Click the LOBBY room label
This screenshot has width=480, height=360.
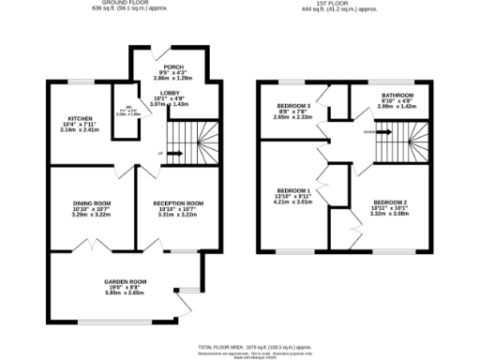(x=170, y=92)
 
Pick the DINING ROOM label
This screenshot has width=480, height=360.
(x=92, y=202)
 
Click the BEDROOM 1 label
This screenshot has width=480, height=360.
(x=292, y=188)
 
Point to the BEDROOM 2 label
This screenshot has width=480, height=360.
(x=390, y=202)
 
